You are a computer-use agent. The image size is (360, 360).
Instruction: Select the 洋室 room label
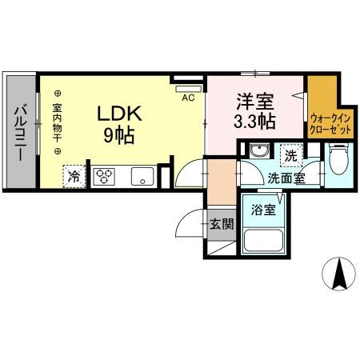pyautogui.click(x=255, y=102)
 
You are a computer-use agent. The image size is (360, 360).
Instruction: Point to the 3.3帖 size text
pyautogui.click(x=255, y=122)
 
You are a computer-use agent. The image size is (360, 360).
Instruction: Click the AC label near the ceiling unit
pyautogui.click(x=189, y=98)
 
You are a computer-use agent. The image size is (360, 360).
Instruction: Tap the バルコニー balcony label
pyautogui.click(x=20, y=133)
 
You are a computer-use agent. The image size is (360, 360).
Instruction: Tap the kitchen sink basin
pyautogui.click(x=143, y=177)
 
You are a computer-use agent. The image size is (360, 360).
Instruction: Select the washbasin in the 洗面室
pyautogui.click(x=258, y=152)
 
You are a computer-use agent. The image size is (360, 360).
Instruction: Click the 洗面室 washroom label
pyautogui.click(x=286, y=178)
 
